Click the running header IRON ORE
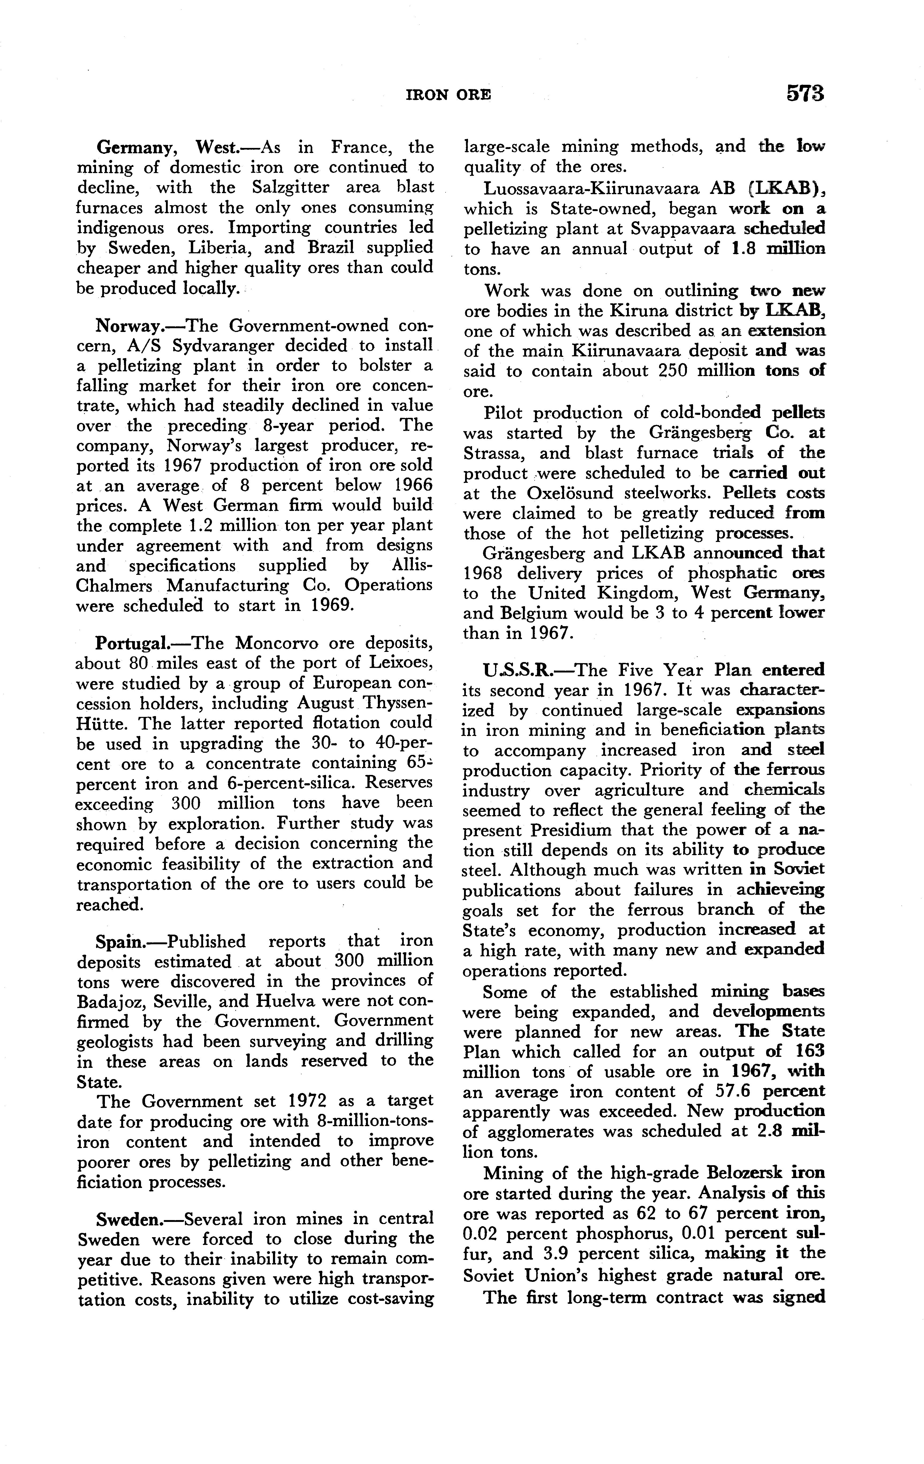point(448,95)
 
